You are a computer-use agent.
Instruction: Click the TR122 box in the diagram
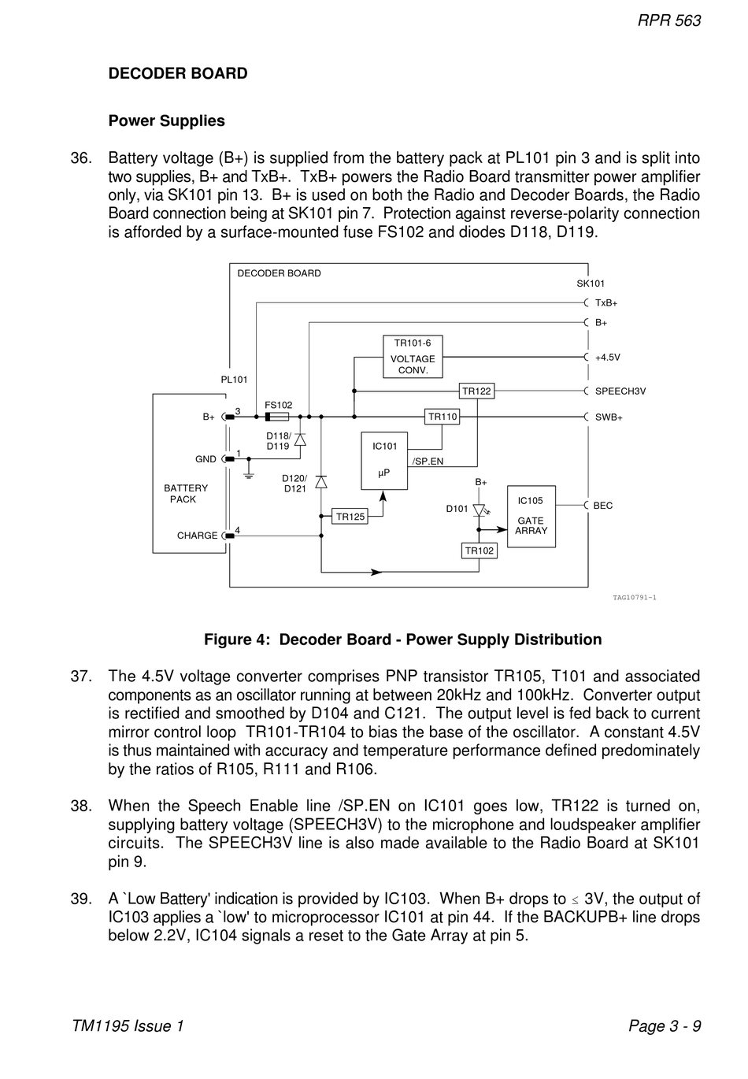[476, 391]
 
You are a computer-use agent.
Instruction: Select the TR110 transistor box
[442, 417]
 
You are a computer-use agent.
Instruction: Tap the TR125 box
[350, 517]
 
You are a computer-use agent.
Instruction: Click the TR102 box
[479, 551]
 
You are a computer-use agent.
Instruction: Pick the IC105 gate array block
[531, 517]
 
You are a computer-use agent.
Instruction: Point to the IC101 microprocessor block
[384, 461]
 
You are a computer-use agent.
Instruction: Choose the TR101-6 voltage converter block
[413, 357]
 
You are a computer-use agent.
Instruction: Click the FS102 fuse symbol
[277, 417]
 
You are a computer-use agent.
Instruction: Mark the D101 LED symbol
[480, 510]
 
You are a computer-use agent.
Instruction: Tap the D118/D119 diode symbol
[300, 439]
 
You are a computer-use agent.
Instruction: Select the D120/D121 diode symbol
[320, 482]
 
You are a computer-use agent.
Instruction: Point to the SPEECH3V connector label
[620, 391]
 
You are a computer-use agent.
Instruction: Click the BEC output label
[603, 506]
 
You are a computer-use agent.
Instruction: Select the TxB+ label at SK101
[606, 303]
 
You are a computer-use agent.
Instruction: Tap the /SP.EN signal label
[428, 461]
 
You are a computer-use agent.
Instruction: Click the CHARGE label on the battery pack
[197, 535]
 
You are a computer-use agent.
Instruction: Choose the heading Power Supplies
[167, 121]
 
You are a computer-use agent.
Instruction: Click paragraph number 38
[81, 806]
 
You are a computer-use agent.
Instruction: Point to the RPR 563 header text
[669, 20]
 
